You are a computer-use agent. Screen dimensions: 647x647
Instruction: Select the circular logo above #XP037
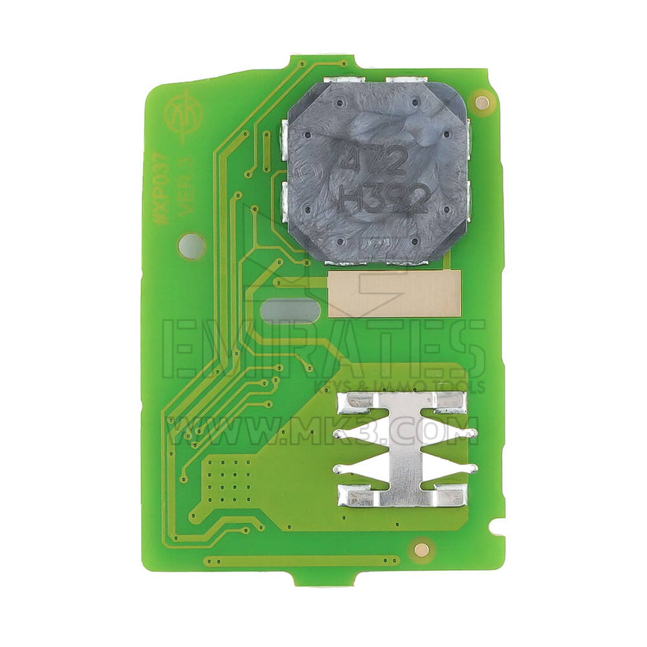183,116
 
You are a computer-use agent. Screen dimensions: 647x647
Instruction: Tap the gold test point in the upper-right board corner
481,101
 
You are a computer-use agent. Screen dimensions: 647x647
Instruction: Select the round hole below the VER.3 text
191,246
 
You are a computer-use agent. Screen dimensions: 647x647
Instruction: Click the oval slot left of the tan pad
291,311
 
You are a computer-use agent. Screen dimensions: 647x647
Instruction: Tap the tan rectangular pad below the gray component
394,294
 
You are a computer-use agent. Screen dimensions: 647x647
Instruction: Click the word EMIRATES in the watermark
323,349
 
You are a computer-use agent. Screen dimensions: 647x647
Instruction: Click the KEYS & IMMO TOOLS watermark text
399,387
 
